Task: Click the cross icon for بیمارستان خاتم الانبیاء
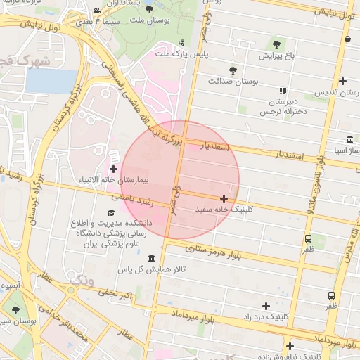114,169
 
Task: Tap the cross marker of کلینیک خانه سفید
224,199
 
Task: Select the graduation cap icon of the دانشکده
110,212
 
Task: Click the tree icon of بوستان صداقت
233,70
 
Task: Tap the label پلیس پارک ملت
172,53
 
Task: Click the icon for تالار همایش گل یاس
152,259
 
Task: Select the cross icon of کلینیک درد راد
266,306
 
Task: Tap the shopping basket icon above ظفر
309,238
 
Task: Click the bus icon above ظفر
331,296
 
